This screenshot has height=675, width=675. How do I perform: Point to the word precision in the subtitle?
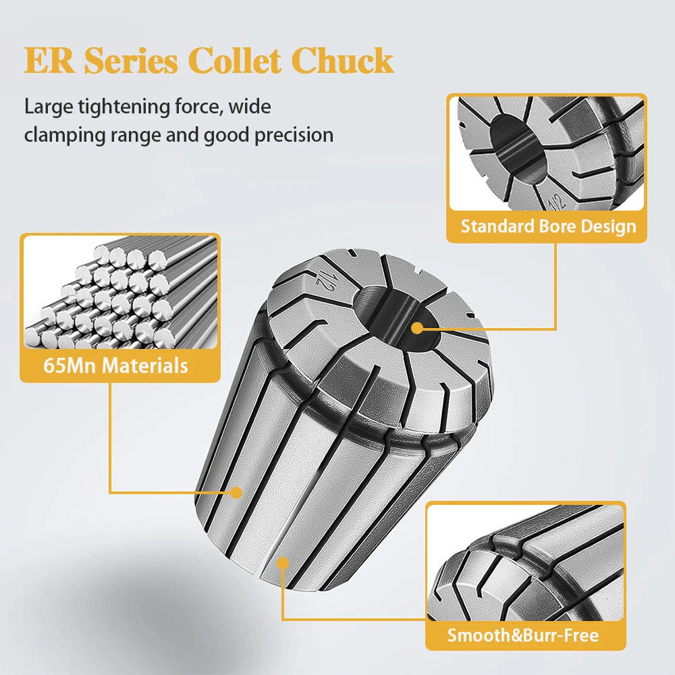pyautogui.click(x=294, y=135)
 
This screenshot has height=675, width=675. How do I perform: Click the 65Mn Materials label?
pyautogui.click(x=115, y=366)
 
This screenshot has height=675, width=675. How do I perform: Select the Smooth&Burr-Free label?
pyautogui.click(x=523, y=634)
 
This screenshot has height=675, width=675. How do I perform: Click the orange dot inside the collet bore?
pyautogui.click(x=417, y=329)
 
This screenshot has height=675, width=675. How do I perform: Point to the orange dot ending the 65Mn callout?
pyautogui.click(x=236, y=493)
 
